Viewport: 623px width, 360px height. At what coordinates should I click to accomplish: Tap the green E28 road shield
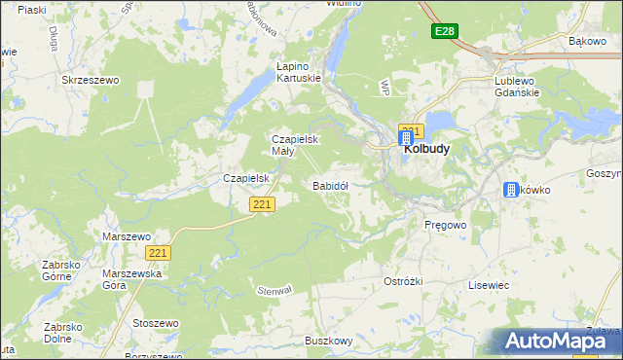[444, 32]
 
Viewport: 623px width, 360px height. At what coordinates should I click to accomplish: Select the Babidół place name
[330, 185]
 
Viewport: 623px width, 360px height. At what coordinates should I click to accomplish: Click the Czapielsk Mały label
[295, 145]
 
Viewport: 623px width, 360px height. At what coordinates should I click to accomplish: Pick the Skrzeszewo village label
[90, 80]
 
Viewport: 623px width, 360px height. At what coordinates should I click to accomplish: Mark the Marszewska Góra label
[128, 279]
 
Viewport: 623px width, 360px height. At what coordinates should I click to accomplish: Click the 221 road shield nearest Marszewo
[160, 253]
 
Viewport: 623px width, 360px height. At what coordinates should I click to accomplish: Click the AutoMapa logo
[563, 341]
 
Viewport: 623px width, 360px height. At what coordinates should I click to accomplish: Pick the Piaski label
[32, 10]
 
